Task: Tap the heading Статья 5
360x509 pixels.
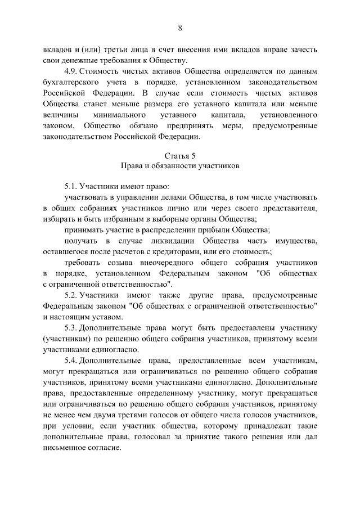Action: point(180,156)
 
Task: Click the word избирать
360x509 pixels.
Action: point(59,219)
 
